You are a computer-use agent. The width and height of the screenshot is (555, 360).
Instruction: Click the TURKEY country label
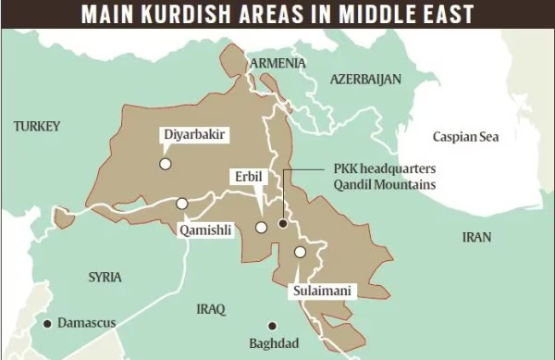coord(37,126)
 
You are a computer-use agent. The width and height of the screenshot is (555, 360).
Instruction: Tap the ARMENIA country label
coord(275,62)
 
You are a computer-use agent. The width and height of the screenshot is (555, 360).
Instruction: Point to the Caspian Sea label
coord(465,137)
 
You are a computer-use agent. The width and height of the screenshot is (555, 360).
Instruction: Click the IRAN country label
coord(476,238)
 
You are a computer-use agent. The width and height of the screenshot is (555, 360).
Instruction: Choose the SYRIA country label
coord(105,277)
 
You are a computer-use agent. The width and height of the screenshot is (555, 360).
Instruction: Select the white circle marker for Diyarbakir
coord(165,164)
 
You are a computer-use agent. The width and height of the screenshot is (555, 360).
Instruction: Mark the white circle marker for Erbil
coord(262,227)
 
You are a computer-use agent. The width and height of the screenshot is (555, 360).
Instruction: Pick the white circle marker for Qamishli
coord(182,204)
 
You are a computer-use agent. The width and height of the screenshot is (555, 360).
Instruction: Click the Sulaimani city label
coord(321,291)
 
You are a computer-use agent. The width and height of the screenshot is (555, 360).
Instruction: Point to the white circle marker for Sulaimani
coord(300,252)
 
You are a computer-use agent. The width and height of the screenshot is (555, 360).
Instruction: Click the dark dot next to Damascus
coord(47,323)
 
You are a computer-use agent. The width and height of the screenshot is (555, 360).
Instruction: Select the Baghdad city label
coord(274,343)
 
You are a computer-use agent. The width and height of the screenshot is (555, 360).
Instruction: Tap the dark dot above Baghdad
coord(272,325)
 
